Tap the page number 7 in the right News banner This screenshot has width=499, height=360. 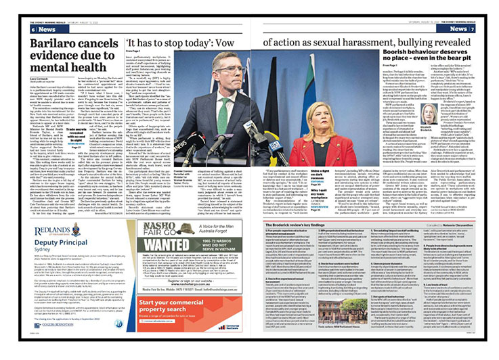point(469,29)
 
